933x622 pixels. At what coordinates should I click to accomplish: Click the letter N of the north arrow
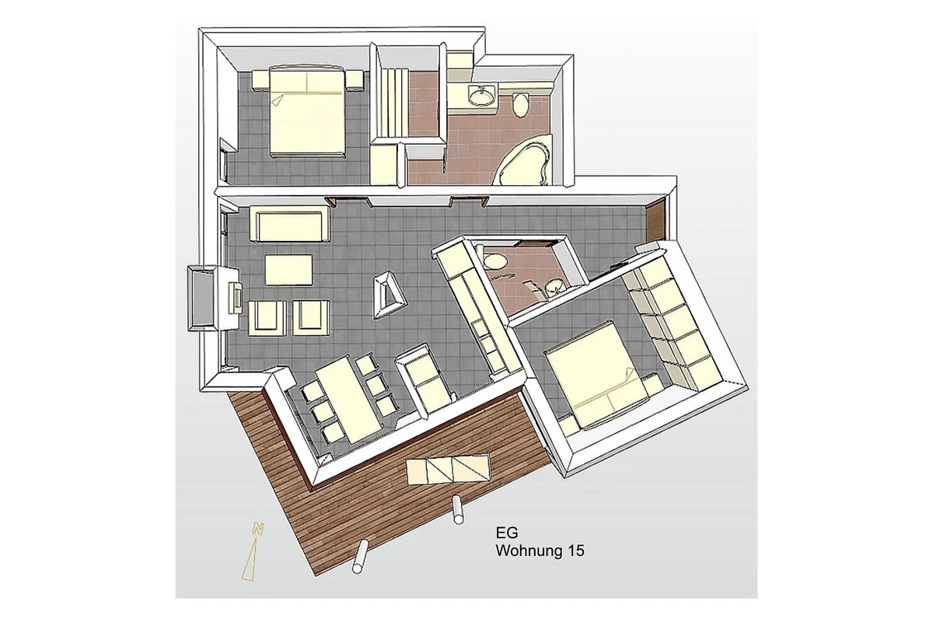(258, 529)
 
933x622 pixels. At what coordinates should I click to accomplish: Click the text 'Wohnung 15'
(540, 550)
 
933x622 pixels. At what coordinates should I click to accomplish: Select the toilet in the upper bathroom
(520, 105)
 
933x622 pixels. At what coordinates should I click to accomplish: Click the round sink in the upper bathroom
(482, 96)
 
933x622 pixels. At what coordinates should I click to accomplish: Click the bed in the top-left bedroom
(307, 112)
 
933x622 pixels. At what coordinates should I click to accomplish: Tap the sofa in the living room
(289, 225)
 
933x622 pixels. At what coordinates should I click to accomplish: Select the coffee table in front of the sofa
(288, 270)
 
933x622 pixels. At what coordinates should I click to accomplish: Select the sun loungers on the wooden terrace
(448, 470)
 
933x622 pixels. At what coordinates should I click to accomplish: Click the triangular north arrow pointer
(250, 560)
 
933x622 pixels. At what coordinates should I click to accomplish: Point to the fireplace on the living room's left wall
(213, 298)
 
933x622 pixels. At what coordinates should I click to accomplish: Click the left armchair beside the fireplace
(267, 318)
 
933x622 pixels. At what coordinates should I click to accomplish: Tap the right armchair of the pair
(311, 317)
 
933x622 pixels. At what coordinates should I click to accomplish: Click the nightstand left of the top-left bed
(260, 80)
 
